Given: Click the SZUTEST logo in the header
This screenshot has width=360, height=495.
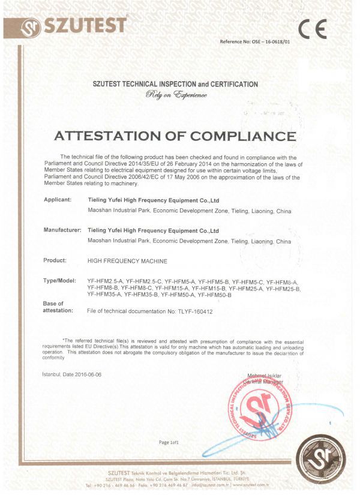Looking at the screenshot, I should point(74,25).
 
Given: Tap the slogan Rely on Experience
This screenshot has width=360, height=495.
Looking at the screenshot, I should point(176,95).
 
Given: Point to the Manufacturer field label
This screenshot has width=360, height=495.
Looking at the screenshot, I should point(62,230).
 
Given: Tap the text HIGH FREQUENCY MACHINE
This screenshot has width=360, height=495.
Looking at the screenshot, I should point(127,262).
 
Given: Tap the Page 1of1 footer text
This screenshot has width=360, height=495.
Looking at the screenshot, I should point(169,443).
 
